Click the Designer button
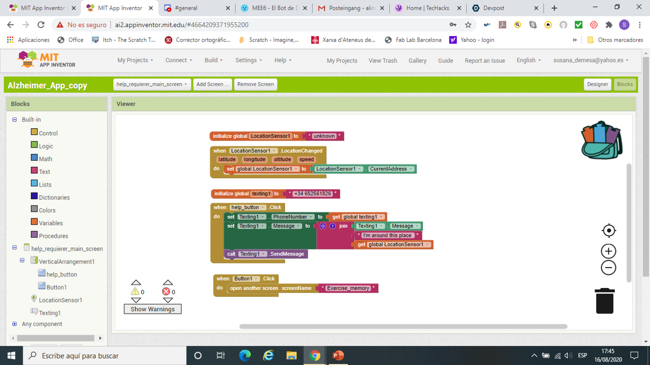pyautogui.click(x=597, y=84)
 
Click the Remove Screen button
pyautogui.click(x=255, y=84)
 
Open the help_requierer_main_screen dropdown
pyautogui.click(x=152, y=84)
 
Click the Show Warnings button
pyautogui.click(x=152, y=309)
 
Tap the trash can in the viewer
pyautogui.click(x=604, y=301)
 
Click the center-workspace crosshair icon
pyautogui.click(x=608, y=231)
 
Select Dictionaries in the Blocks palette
pyautogui.click(x=54, y=197)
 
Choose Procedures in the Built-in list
pyautogui.click(x=53, y=236)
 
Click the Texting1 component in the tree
pyautogui.click(x=50, y=313)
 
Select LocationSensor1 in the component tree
pyautogui.click(x=60, y=300)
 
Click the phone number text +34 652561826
pyautogui.click(x=312, y=194)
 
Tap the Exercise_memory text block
pyautogui.click(x=348, y=288)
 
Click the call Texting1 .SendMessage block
pyautogui.click(x=266, y=254)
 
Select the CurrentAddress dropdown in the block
pyautogui.click(x=391, y=169)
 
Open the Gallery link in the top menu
pyautogui.click(x=417, y=60)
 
